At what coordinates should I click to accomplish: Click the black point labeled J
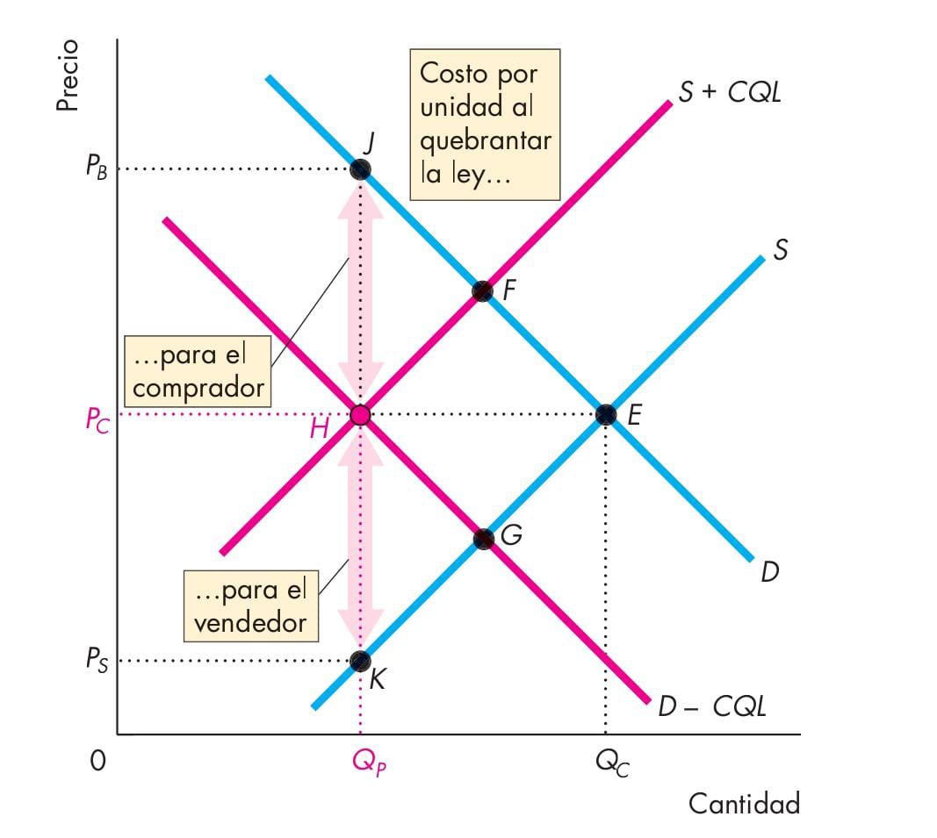[x=359, y=169]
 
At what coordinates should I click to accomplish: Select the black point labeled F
[x=482, y=291]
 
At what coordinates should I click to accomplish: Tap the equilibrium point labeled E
[x=605, y=414]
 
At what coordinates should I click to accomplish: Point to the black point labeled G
[x=483, y=538]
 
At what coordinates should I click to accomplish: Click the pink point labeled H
[x=359, y=414]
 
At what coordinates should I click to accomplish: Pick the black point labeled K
[x=359, y=661]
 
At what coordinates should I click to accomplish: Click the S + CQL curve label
[x=730, y=92]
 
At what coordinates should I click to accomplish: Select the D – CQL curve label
[x=711, y=706]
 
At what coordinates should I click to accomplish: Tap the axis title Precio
[x=67, y=75]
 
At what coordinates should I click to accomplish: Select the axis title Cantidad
[x=744, y=804]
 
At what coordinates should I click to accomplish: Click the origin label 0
[x=97, y=761]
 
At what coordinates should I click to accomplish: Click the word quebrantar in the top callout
[x=486, y=140]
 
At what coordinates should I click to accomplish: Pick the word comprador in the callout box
[x=198, y=387]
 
